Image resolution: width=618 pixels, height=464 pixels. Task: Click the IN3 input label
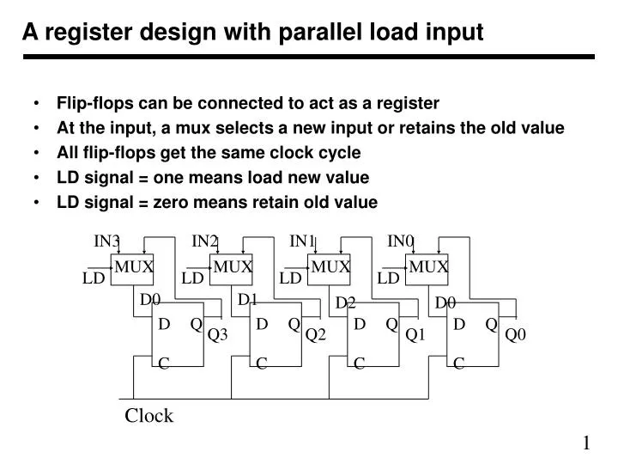106,241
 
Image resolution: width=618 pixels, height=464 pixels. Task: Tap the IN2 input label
205,241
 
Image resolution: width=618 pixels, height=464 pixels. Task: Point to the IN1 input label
303,241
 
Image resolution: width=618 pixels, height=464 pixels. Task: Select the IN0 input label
401,241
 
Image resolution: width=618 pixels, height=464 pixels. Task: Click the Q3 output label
218,335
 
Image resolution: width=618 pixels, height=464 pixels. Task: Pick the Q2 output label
316,335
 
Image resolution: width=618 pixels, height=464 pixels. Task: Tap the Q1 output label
415,335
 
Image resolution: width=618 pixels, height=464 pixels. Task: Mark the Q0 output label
515,335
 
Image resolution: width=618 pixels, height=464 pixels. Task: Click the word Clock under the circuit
149,417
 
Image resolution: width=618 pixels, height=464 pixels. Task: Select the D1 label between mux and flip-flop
248,300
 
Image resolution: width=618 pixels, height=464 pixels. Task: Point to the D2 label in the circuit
345,302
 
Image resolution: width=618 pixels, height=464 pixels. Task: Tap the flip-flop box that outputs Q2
275,343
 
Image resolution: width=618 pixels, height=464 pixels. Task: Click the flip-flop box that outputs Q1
373,343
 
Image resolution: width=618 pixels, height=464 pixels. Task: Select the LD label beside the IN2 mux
192,278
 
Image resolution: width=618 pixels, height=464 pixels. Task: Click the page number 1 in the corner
587,443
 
